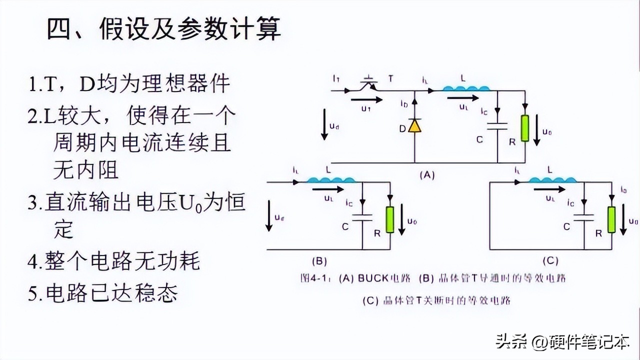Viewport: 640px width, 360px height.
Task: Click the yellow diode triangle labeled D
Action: [x=414, y=126]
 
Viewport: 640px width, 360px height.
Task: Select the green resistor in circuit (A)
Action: [x=524, y=129]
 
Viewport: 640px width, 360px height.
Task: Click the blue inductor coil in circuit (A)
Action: [x=466, y=89]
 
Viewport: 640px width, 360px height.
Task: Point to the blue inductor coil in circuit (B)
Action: [x=327, y=180]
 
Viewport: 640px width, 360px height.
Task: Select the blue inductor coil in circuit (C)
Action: [x=549, y=180]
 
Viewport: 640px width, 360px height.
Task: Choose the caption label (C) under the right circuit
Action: [x=550, y=261]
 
